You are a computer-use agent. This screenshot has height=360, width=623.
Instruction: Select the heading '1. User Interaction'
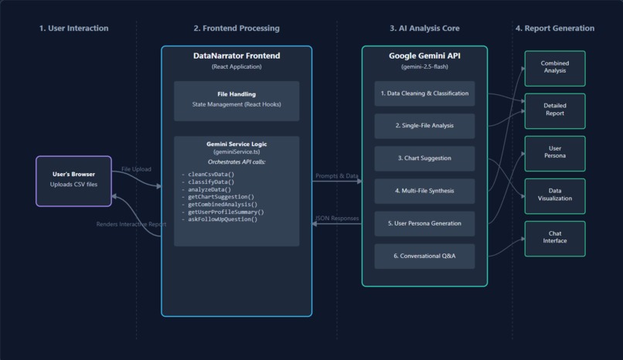[x=73, y=29]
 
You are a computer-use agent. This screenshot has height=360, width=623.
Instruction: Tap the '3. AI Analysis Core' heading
[x=424, y=29]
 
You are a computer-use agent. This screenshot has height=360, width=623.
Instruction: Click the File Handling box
[x=236, y=100]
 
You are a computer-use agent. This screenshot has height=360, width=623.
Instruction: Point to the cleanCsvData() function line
[x=207, y=175]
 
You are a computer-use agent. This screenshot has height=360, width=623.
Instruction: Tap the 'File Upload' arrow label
[x=136, y=169]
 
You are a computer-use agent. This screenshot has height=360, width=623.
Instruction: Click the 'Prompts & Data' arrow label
[x=336, y=176]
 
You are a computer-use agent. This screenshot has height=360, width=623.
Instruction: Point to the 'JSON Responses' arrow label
[x=336, y=219]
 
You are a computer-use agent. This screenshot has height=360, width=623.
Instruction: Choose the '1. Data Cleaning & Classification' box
[x=424, y=93]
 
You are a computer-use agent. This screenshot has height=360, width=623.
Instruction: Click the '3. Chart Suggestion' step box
[x=424, y=158]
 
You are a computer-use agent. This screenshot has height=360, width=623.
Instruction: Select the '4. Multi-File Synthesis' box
[x=424, y=191]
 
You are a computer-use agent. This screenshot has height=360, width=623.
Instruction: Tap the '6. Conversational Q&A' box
[x=424, y=256]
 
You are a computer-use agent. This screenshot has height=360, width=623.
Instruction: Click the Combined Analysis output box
[x=554, y=68]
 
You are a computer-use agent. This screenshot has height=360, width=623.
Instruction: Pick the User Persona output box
[x=554, y=153]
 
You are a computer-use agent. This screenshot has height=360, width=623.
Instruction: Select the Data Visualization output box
[x=554, y=195]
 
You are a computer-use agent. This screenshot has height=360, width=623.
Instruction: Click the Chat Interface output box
[x=554, y=238]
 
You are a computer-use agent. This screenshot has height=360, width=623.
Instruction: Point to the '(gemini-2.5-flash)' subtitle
[x=424, y=67]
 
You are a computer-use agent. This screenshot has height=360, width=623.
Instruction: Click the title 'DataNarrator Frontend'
[x=236, y=56]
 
